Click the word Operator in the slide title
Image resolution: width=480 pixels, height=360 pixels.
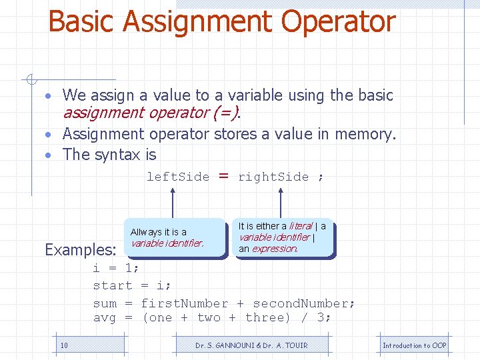338,21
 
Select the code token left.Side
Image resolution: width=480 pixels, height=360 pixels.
177,177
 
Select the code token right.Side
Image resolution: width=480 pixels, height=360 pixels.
273,177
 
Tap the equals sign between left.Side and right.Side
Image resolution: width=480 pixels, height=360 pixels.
224,176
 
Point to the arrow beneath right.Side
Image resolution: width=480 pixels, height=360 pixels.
281,203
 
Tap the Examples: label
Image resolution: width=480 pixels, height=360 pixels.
81,250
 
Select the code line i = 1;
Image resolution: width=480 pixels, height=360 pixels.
116,268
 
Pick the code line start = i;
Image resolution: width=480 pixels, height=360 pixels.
132,285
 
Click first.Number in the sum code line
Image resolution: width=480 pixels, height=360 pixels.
184,303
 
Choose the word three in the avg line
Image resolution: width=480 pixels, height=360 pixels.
268,318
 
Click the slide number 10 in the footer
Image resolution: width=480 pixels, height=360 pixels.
64,345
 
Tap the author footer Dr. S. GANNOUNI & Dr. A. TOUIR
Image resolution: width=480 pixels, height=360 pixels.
251,345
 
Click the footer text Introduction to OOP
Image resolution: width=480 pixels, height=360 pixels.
414,345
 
